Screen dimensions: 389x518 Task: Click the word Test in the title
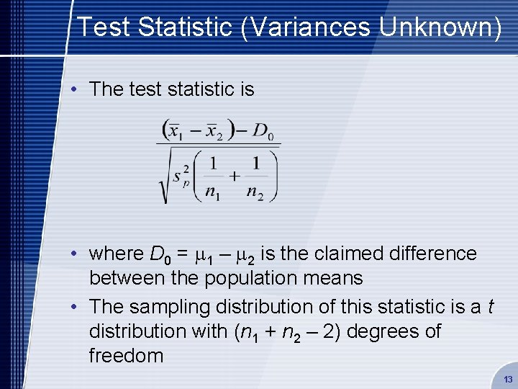[x=101, y=27]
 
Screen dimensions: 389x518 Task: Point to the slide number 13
[x=508, y=379]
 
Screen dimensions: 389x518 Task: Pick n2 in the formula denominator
[x=255, y=192]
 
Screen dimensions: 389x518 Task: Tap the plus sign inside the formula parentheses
[x=234, y=175]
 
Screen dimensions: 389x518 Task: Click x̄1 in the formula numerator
[x=175, y=132]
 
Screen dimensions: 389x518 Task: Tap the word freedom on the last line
[x=126, y=356]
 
